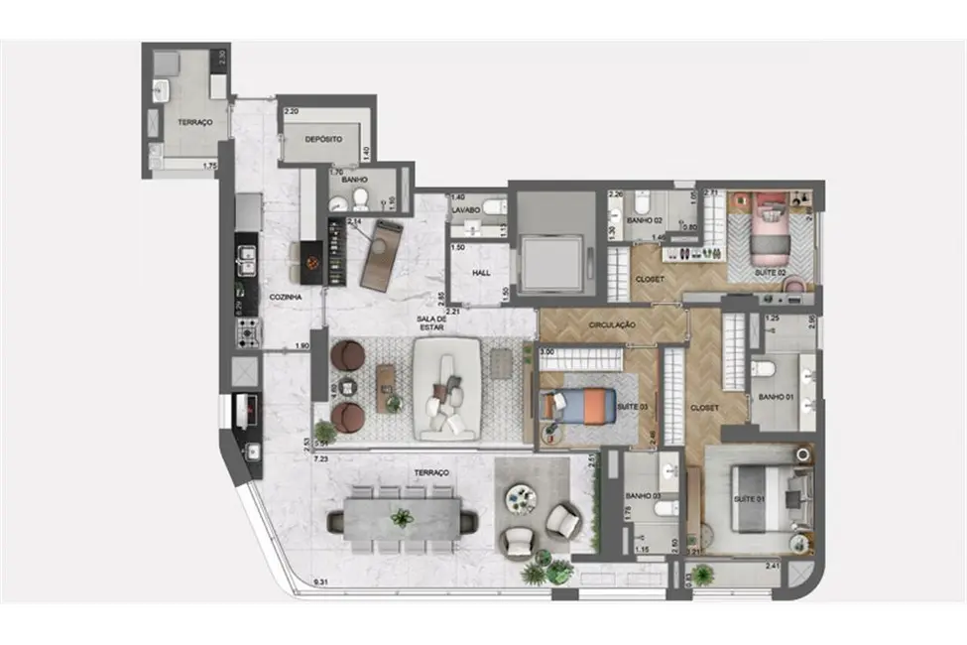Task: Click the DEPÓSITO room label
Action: click(323, 141)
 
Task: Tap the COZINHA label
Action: click(286, 297)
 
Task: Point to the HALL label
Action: click(480, 271)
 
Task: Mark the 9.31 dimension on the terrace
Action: click(319, 581)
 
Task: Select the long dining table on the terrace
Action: click(402, 518)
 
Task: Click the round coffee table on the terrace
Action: click(522, 498)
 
